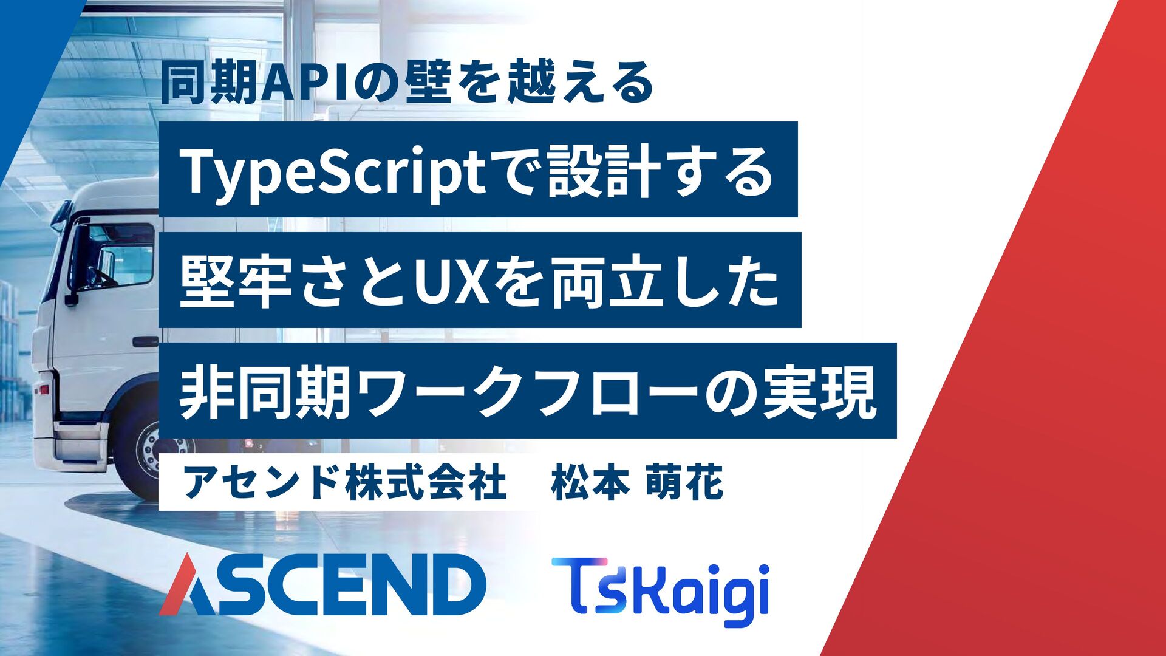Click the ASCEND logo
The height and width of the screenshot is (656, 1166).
pos(322,584)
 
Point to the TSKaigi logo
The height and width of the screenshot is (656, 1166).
pos(660,591)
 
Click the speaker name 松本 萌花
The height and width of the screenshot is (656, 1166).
pos(637,483)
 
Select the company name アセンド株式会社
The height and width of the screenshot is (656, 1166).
pos(344,483)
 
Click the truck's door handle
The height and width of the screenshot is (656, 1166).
pos(145,341)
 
